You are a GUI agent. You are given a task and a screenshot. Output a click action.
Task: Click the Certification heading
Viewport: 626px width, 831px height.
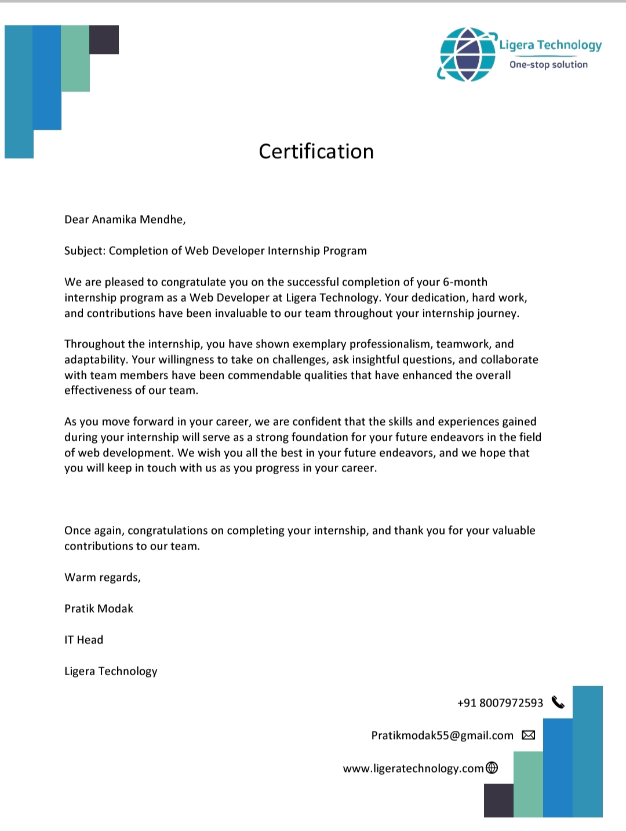[316, 152]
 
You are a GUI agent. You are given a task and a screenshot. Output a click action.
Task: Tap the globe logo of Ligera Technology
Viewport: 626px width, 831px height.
[467, 54]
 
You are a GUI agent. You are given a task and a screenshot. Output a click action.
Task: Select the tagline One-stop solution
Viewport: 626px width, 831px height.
[548, 65]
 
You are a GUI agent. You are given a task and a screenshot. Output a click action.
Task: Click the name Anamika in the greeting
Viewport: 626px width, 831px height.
[114, 219]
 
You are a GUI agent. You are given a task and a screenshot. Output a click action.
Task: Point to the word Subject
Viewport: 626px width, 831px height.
[85, 251]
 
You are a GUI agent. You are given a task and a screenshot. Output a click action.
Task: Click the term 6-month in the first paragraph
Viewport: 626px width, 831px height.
[465, 282]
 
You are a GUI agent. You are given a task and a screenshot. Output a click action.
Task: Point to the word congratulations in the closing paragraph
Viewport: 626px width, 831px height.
[168, 530]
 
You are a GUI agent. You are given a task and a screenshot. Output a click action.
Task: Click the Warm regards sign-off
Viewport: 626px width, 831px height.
[103, 577]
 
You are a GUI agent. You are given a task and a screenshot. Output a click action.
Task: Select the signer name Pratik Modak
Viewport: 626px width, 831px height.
[99, 609]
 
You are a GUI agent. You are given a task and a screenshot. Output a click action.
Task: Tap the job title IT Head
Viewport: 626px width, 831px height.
[83, 640]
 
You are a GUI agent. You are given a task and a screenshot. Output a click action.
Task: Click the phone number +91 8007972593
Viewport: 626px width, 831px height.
[500, 703]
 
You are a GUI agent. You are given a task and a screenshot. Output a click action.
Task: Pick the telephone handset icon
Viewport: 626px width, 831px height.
[558, 702]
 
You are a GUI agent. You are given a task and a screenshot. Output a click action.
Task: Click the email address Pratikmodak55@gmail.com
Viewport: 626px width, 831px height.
[442, 735]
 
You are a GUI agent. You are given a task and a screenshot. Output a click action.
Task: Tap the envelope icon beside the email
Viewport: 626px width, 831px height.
[529, 735]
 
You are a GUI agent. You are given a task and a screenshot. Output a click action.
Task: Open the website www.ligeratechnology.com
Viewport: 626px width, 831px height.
[413, 768]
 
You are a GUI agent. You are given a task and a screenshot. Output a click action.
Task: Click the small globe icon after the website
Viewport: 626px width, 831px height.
[492, 768]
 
